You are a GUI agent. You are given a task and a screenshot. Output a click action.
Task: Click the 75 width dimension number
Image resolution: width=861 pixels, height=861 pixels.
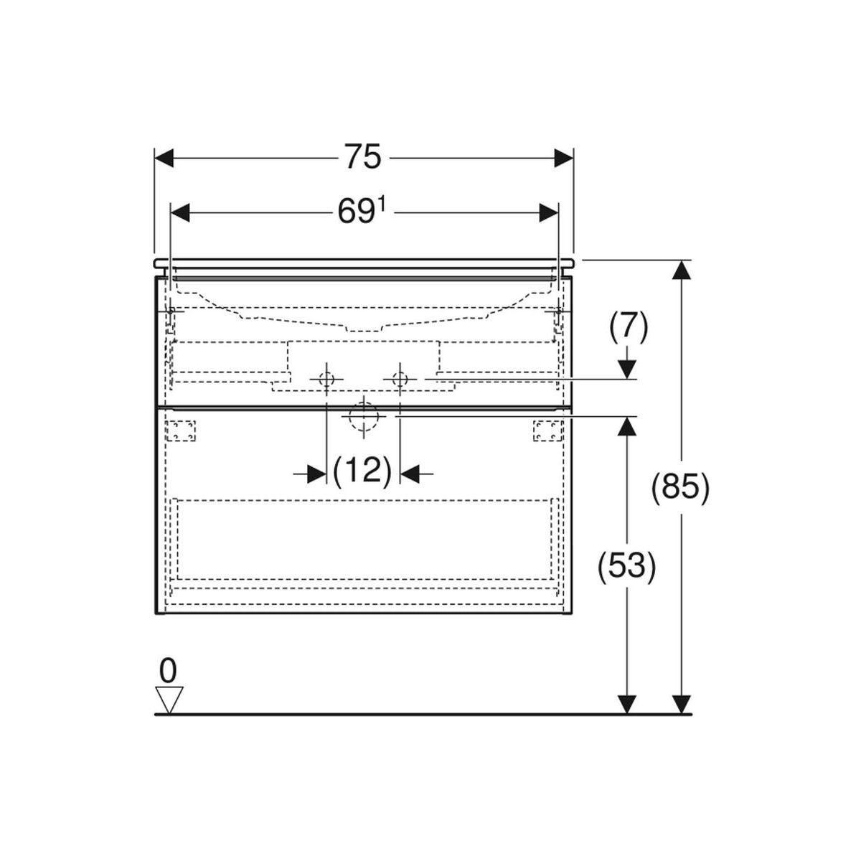point(363,157)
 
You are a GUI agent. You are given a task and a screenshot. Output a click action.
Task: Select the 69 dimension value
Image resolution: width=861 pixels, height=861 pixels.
point(356,212)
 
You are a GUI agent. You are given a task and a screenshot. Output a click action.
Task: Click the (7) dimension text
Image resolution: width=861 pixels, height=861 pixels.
point(629,327)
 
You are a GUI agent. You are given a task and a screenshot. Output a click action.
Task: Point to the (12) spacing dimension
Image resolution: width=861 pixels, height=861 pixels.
point(363,471)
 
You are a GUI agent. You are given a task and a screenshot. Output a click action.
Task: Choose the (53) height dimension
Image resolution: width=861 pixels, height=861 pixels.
point(627,567)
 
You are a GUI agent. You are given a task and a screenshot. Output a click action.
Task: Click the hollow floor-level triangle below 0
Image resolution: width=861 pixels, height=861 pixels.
point(168,700)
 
